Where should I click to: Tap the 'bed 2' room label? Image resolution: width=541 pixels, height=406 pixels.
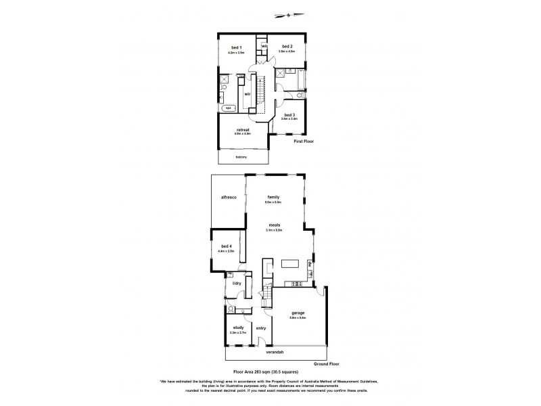click(x=287, y=45)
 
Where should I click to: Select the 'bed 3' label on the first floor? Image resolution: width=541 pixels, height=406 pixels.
click(x=290, y=114)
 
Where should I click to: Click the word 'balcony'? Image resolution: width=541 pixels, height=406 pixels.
click(x=241, y=157)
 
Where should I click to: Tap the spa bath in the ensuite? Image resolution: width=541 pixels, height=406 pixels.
click(x=228, y=108)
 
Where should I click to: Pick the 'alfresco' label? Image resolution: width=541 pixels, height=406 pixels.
click(x=228, y=197)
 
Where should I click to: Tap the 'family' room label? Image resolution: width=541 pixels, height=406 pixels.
click(x=273, y=197)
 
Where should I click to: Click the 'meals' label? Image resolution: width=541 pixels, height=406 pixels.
click(x=274, y=225)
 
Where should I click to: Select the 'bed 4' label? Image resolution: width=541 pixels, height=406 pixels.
click(x=226, y=246)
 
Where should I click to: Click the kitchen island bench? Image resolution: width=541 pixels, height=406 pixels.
click(x=291, y=264)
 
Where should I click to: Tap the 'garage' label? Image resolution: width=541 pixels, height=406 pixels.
click(x=298, y=313)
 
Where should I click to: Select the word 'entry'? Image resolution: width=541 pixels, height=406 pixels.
click(x=261, y=328)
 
